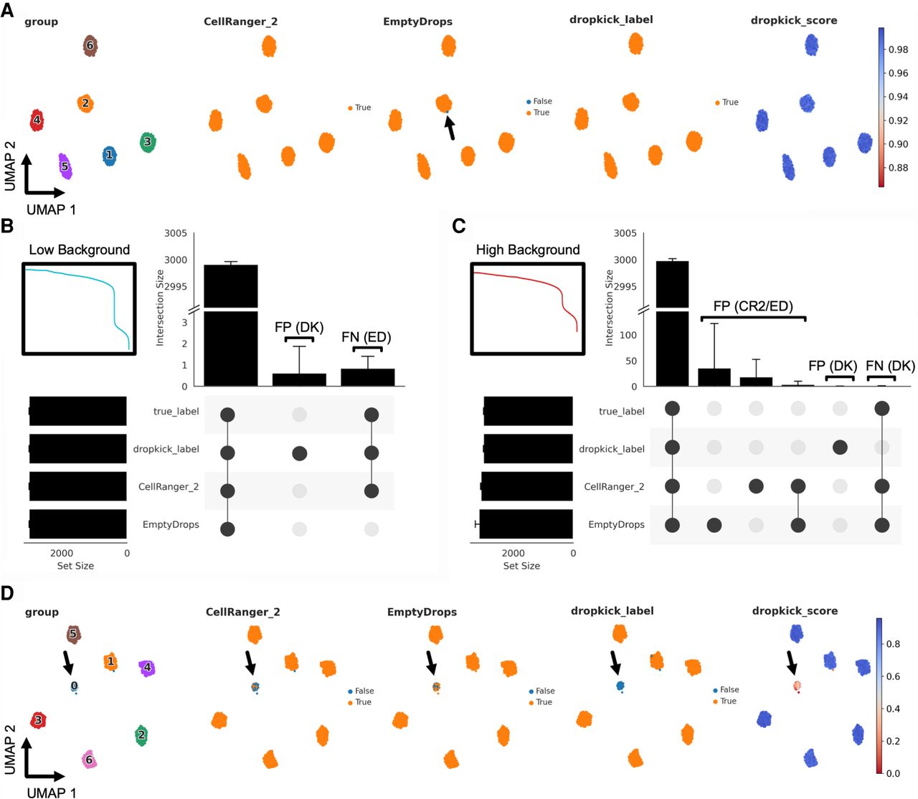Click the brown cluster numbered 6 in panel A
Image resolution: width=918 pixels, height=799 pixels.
(90, 46)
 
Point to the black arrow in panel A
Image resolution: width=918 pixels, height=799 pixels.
(450, 128)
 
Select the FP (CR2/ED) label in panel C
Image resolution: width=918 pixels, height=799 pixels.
(753, 306)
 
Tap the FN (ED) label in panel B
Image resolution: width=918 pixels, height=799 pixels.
(366, 337)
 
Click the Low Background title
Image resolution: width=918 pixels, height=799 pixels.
(80, 250)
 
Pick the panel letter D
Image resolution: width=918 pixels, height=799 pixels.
(7, 593)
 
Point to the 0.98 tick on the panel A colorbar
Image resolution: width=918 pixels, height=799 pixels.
(898, 49)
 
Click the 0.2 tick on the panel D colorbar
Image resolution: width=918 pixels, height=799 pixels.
(893, 741)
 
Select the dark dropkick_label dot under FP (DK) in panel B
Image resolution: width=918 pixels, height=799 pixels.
(300, 453)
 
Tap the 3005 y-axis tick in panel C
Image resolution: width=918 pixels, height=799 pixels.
(625, 233)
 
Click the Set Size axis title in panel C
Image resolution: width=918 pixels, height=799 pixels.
(521, 566)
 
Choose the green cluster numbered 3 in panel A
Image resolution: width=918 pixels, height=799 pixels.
(148, 142)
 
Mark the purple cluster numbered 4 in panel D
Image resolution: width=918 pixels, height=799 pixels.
(147, 668)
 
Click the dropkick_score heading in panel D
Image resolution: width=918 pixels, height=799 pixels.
(795, 611)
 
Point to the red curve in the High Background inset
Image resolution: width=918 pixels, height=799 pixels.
(531, 280)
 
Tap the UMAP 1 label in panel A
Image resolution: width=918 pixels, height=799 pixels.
(51, 209)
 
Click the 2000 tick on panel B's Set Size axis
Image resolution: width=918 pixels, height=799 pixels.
(62, 553)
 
